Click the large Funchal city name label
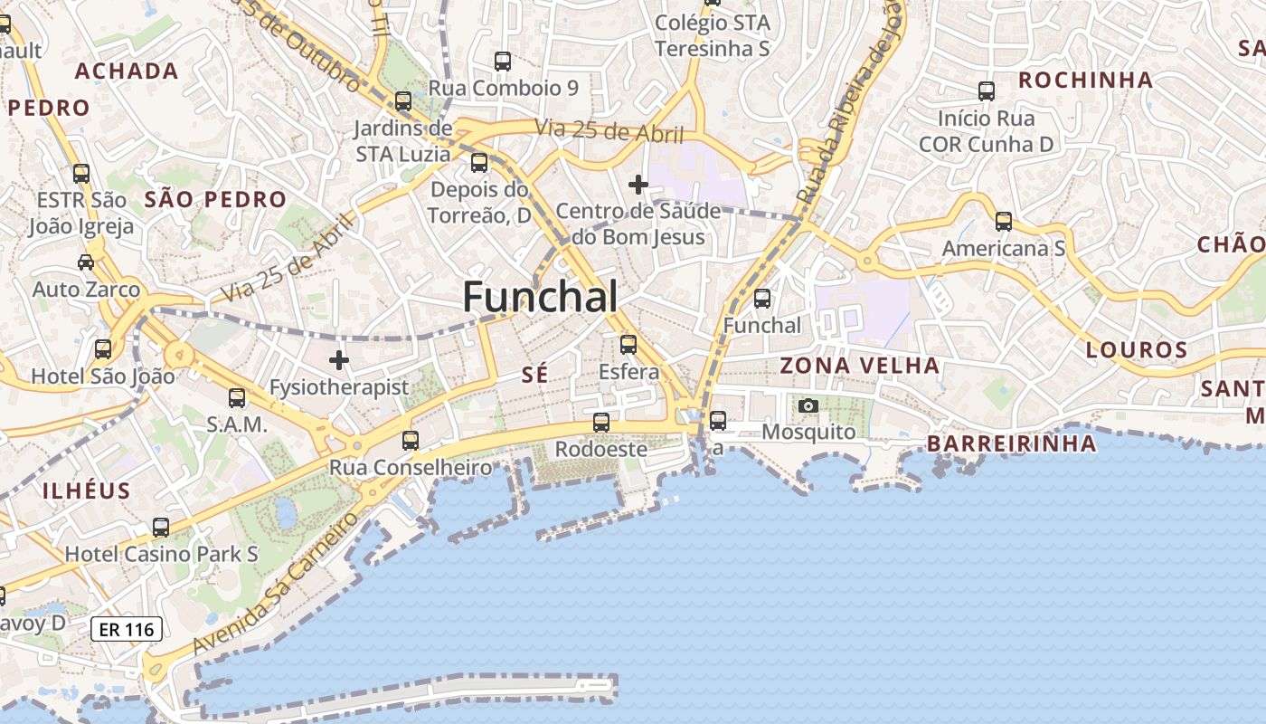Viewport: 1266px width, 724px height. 541,297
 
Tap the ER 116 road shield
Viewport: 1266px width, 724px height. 127,629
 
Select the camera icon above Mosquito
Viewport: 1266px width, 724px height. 808,405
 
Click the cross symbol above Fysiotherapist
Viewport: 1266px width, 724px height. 339,360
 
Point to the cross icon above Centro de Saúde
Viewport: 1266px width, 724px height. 638,185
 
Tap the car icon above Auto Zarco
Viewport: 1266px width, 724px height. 86,262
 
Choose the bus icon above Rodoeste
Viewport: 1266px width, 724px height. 600,422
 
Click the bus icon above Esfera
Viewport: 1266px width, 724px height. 628,344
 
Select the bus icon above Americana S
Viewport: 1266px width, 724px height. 1003,221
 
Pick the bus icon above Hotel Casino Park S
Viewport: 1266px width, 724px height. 161,527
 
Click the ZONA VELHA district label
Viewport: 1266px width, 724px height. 859,366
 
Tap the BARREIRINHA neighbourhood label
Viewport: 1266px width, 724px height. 1011,443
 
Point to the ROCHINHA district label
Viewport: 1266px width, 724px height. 1085,80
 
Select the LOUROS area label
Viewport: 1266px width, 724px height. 1136,349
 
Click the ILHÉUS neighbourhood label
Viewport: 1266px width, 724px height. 87,491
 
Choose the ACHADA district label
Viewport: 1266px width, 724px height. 127,71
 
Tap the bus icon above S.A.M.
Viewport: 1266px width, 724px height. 237,396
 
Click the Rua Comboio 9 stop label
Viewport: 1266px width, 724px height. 503,88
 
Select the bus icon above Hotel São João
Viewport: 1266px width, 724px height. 103,348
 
